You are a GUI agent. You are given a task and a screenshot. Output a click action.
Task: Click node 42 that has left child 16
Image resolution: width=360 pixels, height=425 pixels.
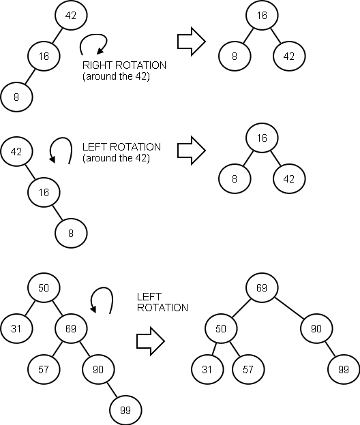[x=71, y=15]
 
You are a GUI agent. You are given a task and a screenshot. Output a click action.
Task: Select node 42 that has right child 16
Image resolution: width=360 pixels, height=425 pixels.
[x=17, y=151]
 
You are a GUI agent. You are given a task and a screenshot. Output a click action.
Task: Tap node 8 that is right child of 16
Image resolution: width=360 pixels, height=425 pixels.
[x=72, y=233]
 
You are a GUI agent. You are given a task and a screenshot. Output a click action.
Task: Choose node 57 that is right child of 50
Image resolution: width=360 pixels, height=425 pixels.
[x=249, y=369]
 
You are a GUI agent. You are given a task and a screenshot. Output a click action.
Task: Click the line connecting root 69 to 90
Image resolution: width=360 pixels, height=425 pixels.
[x=290, y=308]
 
